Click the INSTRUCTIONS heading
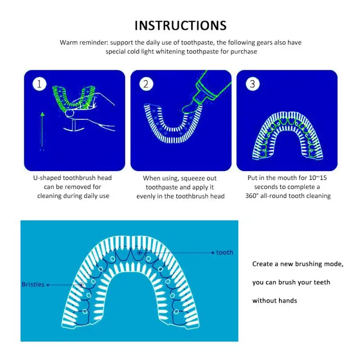click(180, 25)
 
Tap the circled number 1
click(40, 84)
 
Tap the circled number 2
click(146, 84)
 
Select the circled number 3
click(252, 84)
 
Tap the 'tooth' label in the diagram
click(225, 252)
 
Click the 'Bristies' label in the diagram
click(33, 284)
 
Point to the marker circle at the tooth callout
click(140, 253)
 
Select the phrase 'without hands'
click(274, 301)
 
